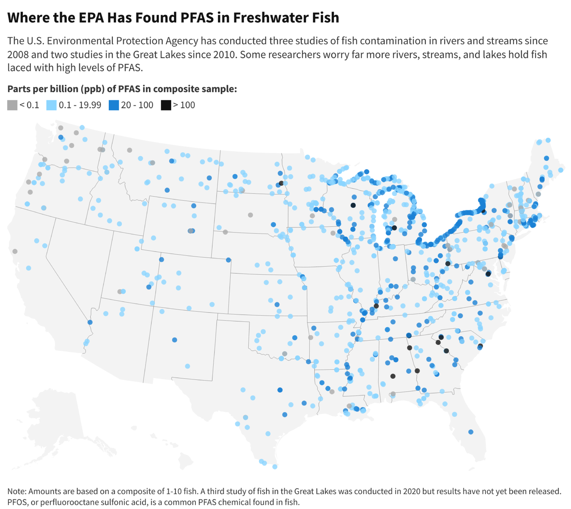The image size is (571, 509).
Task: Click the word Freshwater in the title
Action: [266, 17]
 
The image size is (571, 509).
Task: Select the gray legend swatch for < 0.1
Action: [12, 105]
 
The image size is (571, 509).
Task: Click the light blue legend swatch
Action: [51, 105]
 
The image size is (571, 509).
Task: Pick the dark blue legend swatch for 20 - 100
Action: [114, 105]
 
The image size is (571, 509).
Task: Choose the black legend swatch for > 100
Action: [166, 105]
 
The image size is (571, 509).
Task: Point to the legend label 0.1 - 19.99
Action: [80, 105]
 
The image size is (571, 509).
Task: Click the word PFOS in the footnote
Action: [17, 502]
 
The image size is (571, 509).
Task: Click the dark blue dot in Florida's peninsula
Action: [471, 432]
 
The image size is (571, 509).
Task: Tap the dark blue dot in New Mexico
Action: [175, 340]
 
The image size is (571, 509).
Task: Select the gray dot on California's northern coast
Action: [15, 251]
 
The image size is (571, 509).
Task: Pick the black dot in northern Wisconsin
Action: [353, 206]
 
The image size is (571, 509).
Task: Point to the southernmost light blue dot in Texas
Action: [275, 467]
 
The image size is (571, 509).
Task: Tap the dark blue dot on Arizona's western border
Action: [90, 322]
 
